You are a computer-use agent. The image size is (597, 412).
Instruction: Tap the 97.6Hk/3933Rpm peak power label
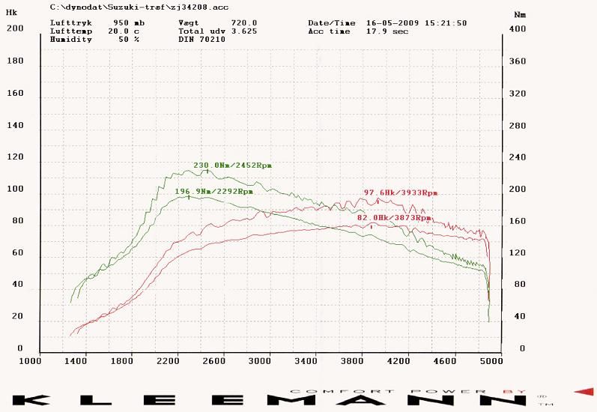[400, 193]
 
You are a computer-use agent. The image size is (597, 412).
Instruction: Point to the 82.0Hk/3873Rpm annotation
[395, 217]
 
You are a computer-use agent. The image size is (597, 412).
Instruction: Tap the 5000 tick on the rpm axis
[491, 361]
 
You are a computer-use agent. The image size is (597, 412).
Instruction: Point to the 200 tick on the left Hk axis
[14, 29]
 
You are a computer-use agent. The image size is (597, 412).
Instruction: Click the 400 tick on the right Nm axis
[516, 29]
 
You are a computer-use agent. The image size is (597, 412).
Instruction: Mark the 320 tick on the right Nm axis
[516, 94]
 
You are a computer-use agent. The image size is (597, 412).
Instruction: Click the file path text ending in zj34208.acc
[139, 7]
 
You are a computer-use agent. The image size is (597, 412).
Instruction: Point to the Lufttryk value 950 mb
[130, 23]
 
